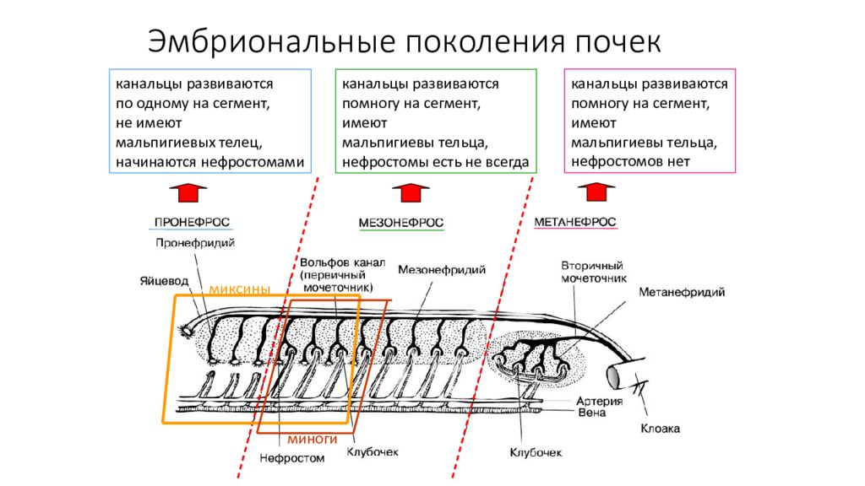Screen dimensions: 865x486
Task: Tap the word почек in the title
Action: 617,42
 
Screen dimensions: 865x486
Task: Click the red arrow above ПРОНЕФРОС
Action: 188,193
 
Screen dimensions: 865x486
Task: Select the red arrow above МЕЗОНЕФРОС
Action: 411,193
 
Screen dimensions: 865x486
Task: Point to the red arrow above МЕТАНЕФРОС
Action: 596,192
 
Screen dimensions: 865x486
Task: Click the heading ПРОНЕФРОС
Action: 192,222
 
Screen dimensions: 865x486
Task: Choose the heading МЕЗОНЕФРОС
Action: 401,223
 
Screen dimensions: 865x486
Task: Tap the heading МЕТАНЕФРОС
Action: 574,222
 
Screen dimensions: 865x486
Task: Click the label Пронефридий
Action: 195,243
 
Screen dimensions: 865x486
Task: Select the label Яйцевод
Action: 164,281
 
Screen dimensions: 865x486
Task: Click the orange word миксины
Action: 239,289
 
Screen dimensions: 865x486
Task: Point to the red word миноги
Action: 313,439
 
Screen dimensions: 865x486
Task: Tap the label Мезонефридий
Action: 442,270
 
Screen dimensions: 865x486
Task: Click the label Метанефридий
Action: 682,292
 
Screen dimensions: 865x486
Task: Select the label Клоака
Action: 661,428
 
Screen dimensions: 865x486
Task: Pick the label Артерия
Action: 600,401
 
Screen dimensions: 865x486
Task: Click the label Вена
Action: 592,412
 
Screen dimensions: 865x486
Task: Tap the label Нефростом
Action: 291,458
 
